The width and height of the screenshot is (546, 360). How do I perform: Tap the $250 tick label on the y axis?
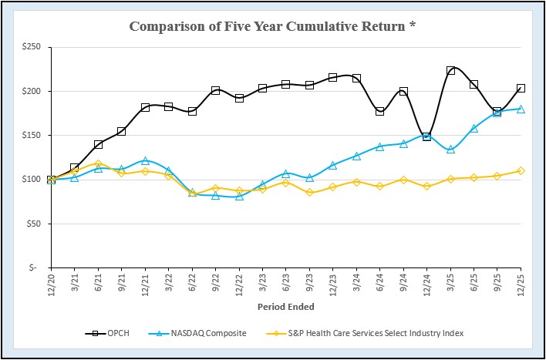coord(31,47)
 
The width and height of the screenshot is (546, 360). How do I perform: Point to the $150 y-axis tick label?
coord(31,136)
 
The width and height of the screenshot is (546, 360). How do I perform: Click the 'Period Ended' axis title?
coord(285,306)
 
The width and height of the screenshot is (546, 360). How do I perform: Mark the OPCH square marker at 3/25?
coord(450,71)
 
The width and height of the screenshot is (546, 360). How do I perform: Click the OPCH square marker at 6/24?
coord(380,111)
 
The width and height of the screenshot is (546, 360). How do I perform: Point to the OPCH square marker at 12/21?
coord(145,107)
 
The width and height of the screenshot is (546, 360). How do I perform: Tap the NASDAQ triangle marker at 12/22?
coord(239,196)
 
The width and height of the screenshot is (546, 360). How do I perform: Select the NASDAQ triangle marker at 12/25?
coord(521,109)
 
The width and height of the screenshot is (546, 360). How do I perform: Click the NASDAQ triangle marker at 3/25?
coord(450,149)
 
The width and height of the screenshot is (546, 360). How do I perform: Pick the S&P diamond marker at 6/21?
coord(98,163)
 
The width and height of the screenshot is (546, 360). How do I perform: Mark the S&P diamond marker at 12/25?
coord(521,170)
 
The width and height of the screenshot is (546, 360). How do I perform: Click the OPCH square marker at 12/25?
coord(521,89)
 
